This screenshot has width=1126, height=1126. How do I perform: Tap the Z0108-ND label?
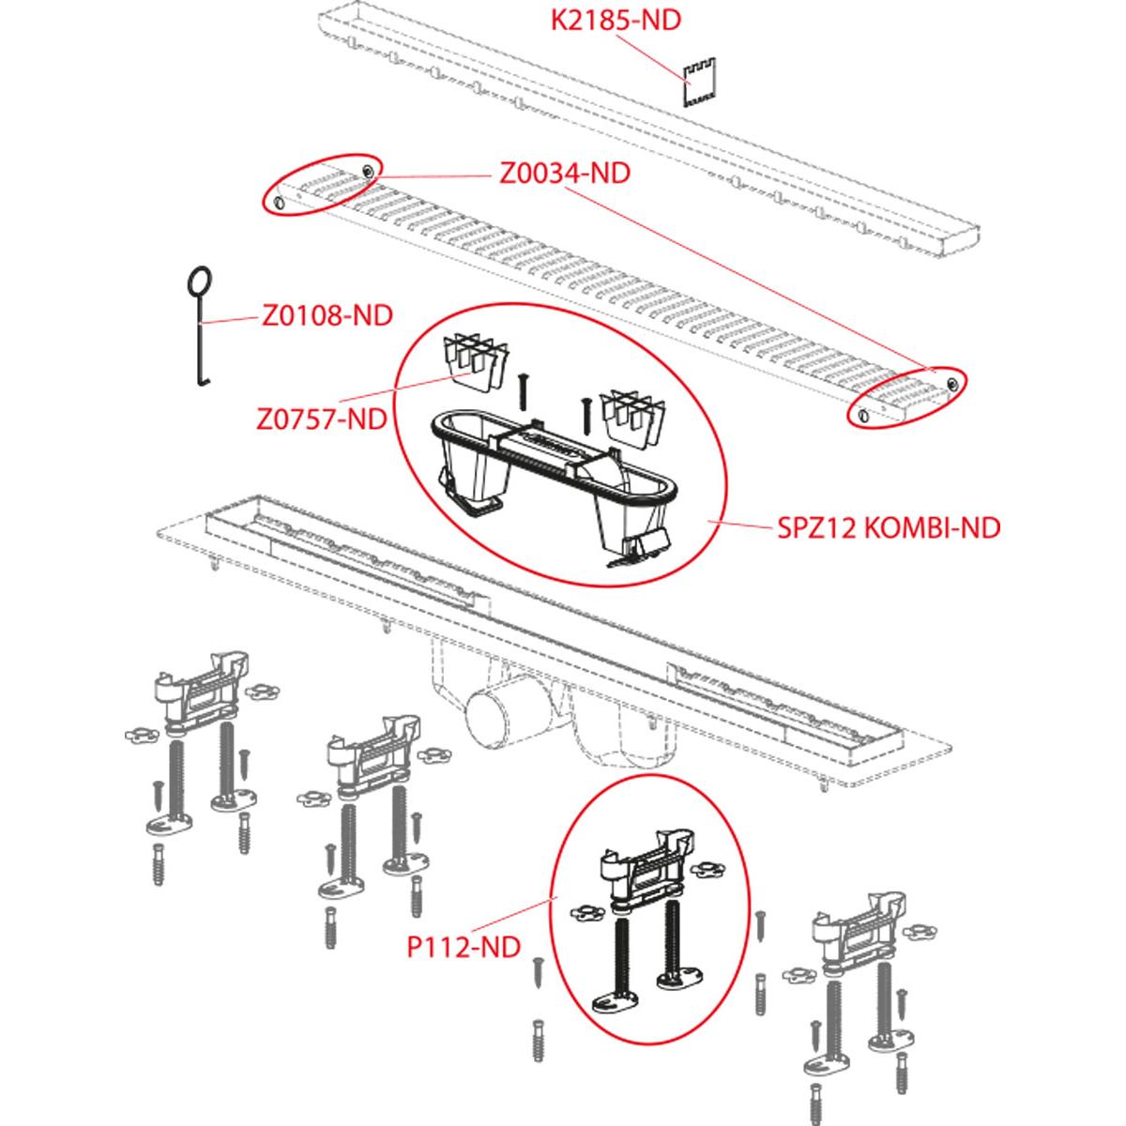pos(327,315)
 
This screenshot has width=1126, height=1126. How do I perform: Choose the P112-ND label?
pos(463,947)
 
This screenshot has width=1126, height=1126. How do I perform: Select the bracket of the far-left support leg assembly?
pos(202,693)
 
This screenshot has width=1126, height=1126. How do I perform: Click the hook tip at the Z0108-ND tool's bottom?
pos(201,383)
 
